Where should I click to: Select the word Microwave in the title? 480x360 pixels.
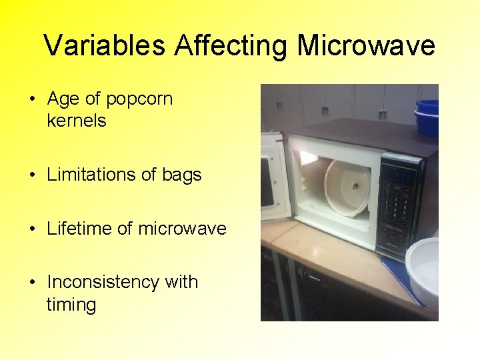365,46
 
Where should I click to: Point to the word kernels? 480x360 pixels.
77,121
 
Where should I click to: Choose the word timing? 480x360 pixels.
71,305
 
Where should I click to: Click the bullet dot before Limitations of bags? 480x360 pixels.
33,175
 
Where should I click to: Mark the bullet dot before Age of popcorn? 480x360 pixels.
33,100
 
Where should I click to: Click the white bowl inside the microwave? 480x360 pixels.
347,189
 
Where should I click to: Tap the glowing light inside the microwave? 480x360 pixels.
308,157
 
